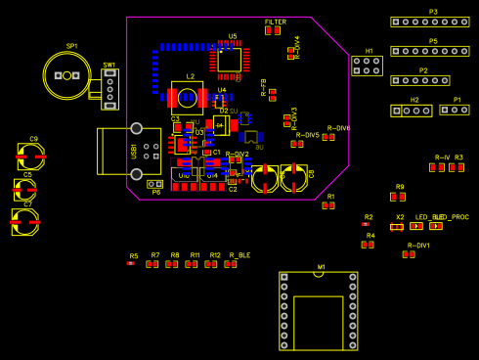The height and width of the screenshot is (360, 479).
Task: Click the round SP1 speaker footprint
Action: [66, 75]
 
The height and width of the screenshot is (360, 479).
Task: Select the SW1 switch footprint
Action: [109, 88]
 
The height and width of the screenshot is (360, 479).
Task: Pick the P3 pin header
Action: [429, 22]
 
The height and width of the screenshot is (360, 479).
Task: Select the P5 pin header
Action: [429, 51]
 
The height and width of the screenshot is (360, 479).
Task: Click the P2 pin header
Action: [419, 80]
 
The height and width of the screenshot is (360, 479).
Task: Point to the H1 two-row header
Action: [367, 66]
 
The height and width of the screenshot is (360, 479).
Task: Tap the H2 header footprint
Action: [411, 111]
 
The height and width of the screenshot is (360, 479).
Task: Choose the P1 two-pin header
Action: [454, 110]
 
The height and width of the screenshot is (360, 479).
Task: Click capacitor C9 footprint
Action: [31, 155]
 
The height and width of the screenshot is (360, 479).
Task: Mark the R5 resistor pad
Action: [131, 262]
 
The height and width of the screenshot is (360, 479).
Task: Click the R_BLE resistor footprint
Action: [231, 263]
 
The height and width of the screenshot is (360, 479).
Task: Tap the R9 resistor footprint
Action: [398, 196]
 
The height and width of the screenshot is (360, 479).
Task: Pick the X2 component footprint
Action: [397, 226]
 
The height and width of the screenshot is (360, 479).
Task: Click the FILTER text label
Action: [276, 22]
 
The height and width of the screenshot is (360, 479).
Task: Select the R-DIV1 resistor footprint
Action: [409, 254]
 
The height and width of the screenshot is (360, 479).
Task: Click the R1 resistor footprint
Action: [328, 204]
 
